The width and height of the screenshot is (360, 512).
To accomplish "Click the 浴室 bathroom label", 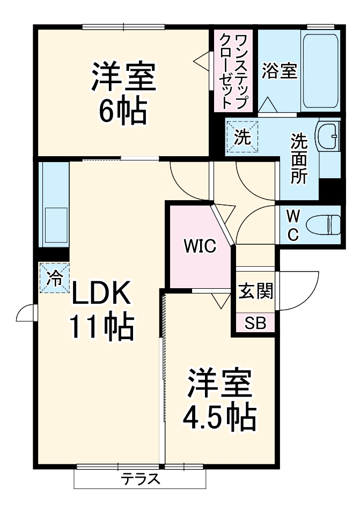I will click(279, 72).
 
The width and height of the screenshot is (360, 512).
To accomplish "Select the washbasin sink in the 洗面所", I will click(328, 136).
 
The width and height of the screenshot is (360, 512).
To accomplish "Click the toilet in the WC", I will click(328, 224).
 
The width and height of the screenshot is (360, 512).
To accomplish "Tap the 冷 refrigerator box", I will click(54, 277).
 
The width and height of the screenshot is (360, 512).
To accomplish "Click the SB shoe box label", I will click(255, 323).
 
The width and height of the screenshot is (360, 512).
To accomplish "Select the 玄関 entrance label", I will click(255, 292).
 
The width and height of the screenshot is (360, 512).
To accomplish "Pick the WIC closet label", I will click(200, 246).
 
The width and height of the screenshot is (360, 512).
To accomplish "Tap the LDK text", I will click(101, 294).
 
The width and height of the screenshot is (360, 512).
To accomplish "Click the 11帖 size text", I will click(101, 326).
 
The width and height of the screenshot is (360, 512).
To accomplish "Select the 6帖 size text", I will click(122, 110).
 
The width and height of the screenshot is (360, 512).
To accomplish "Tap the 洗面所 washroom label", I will click(299, 158).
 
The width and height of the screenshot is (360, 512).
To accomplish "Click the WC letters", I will click(292, 225).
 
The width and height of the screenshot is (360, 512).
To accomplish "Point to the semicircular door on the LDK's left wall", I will click(25, 314).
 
